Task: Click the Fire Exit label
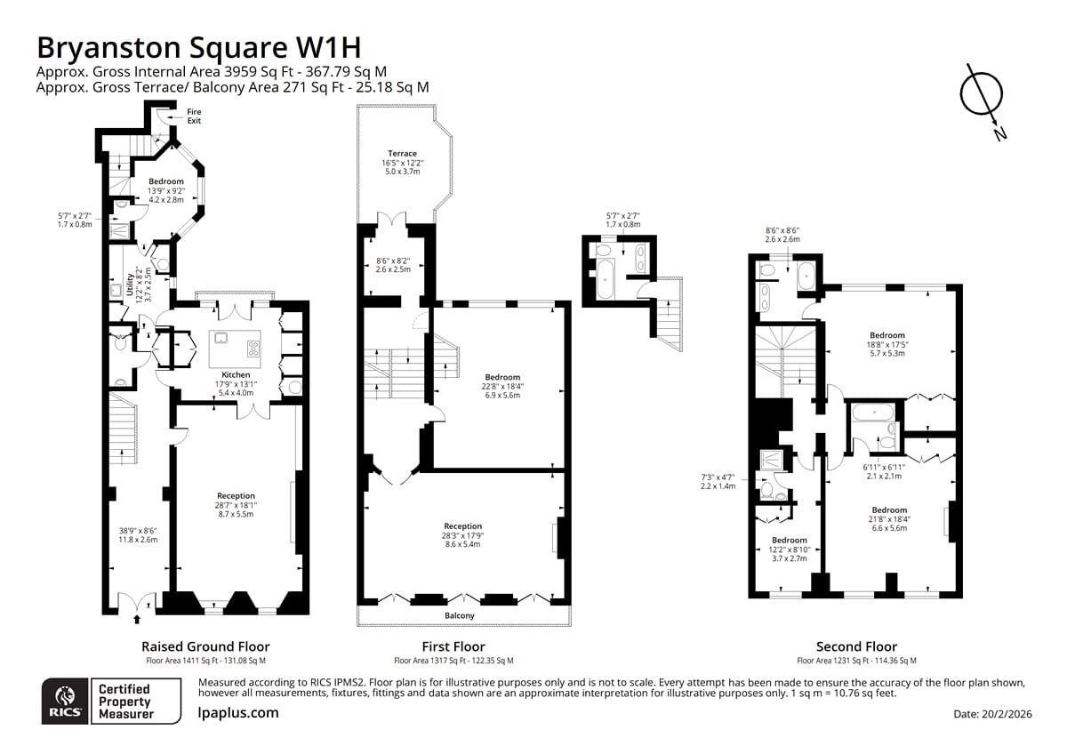coord(194,116)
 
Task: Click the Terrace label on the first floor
coord(402,153)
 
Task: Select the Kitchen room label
coord(236,375)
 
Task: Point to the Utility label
coord(129,285)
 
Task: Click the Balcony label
coord(460,615)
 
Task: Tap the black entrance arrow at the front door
coord(137,619)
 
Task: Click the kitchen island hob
coord(253,349)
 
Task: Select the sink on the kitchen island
coord(221,338)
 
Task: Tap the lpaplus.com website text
coord(238,713)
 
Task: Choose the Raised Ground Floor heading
coord(205,646)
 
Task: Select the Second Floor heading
coord(856,646)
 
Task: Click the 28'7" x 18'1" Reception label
coord(236,505)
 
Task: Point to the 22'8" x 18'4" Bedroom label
coord(502,386)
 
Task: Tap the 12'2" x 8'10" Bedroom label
coord(790,549)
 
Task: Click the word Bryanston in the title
coord(108,48)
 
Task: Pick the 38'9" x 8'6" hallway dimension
coord(138,535)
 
